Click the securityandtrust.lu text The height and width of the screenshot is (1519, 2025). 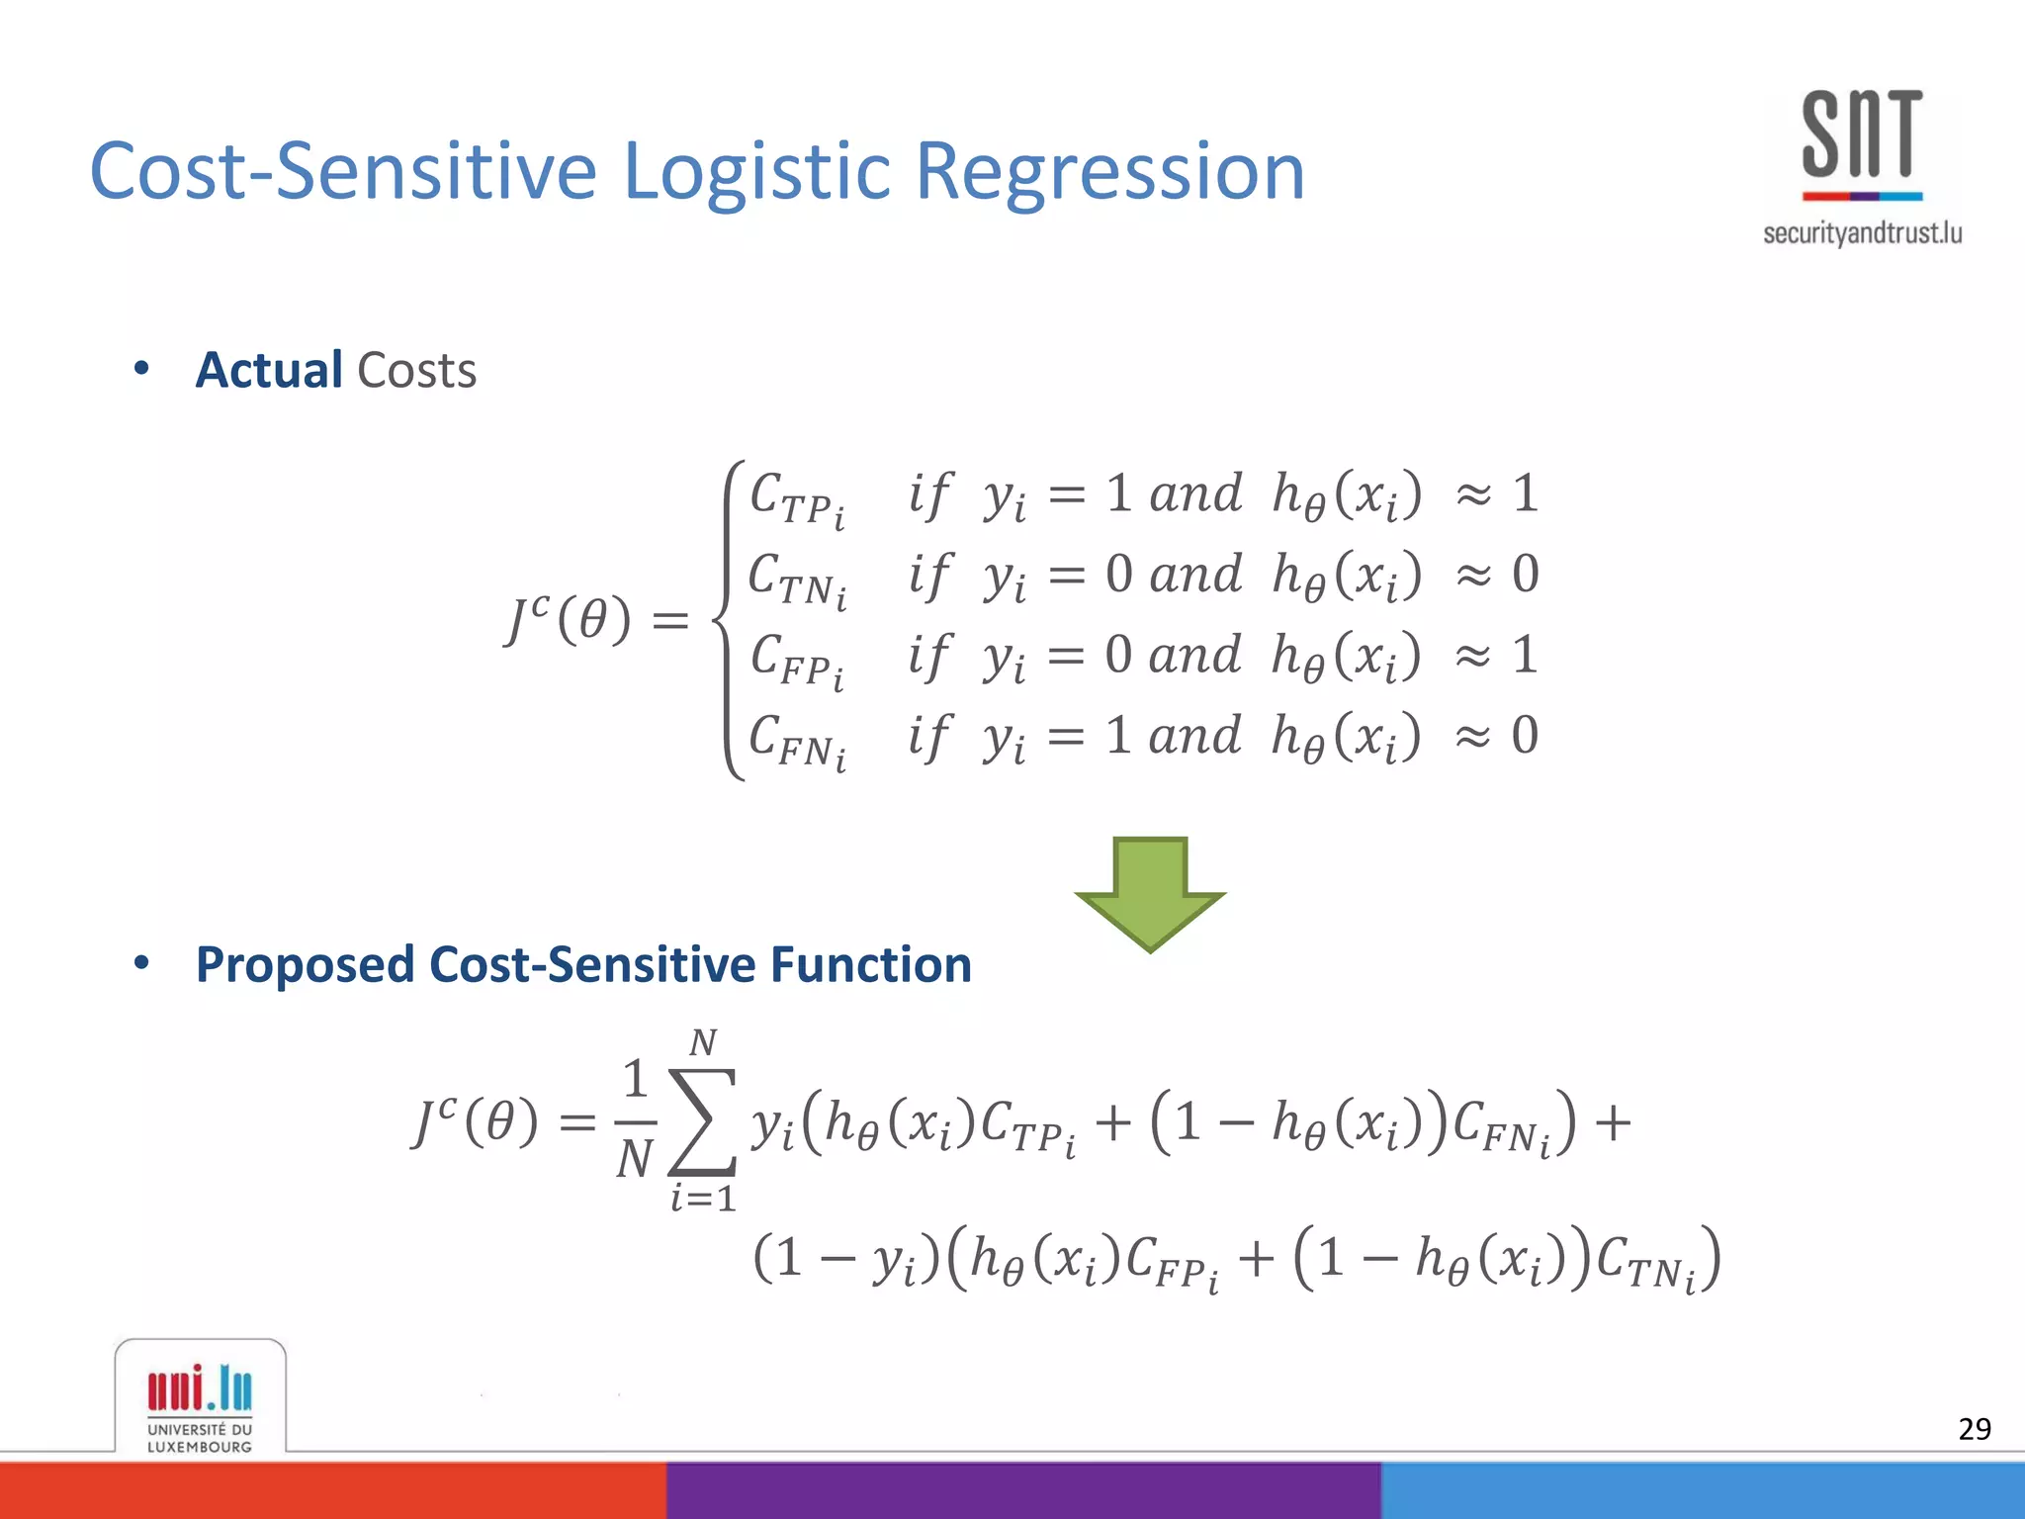1862,233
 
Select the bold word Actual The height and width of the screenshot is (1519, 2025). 269,371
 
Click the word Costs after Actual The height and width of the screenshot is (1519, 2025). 416,371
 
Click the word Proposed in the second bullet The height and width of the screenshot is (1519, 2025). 305,964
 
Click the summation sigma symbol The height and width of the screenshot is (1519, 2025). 702,1120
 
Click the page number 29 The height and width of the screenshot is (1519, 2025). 1974,1429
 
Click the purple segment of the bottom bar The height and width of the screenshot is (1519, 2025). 1023,1490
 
